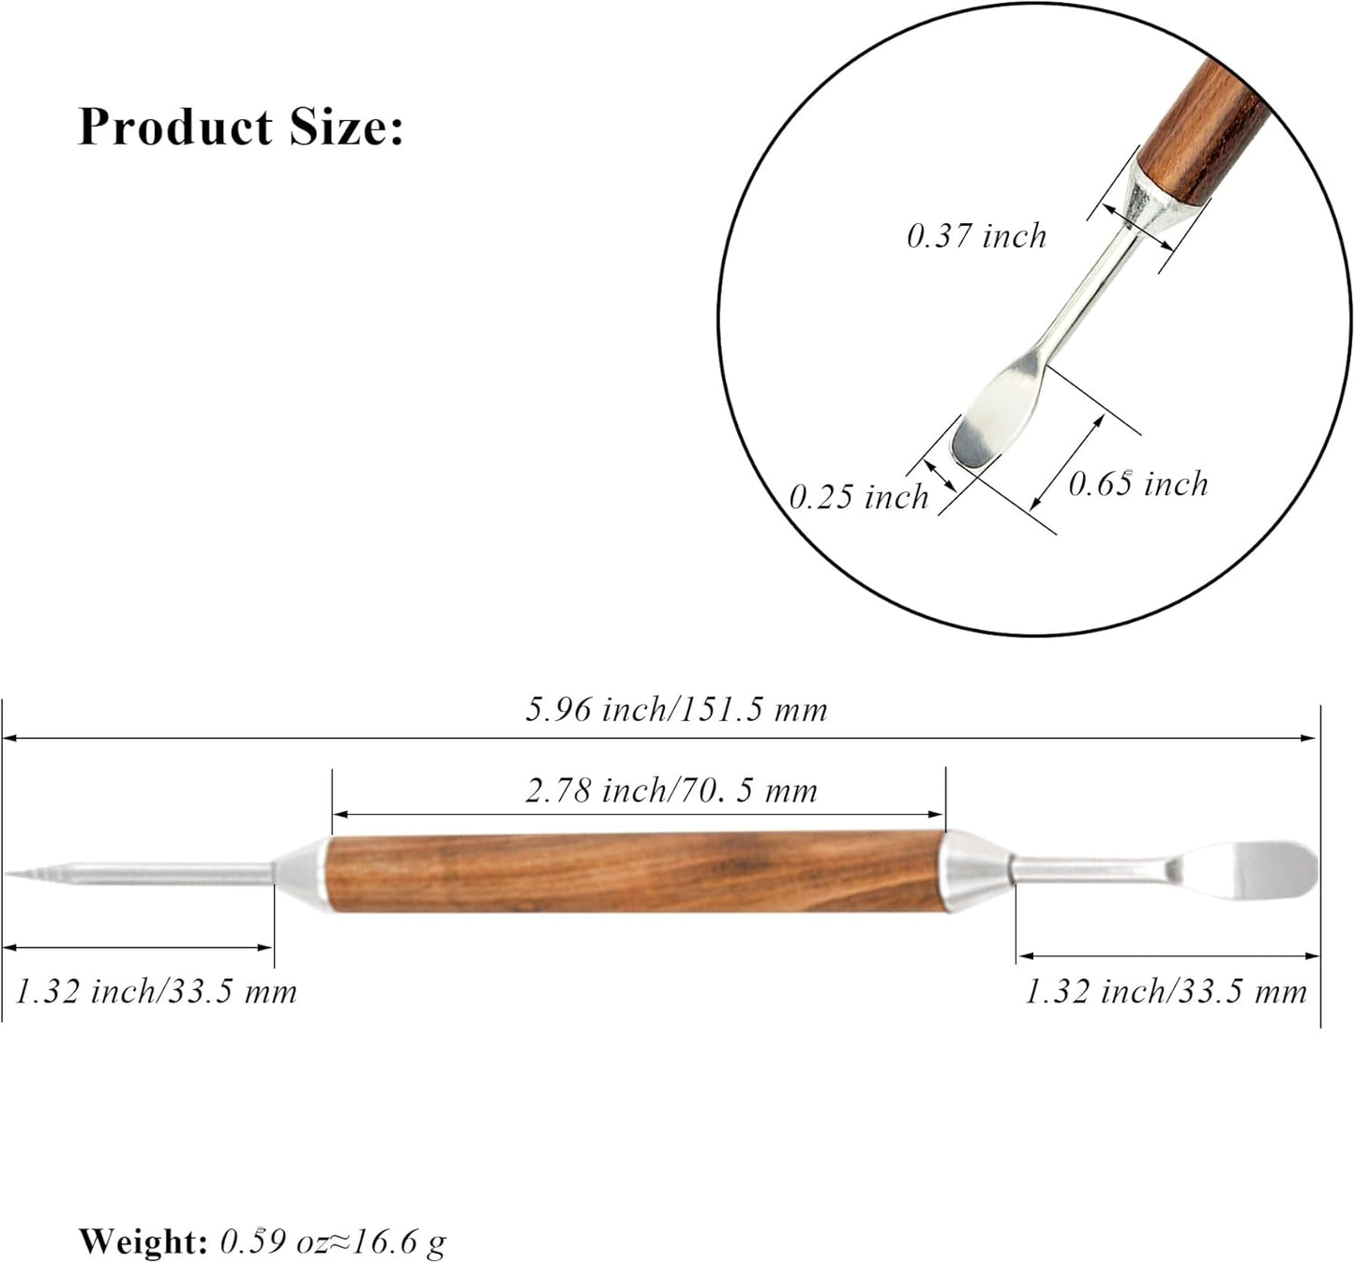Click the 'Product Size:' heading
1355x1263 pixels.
(240, 127)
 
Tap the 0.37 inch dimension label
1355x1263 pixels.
(975, 235)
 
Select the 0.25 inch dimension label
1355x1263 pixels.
(858, 497)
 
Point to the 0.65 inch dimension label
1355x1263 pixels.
(1137, 484)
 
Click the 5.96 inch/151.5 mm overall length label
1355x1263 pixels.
(676, 710)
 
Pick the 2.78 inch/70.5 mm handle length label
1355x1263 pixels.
(670, 791)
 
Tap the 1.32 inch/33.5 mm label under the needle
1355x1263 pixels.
(156, 991)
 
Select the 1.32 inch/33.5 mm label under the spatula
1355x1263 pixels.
(1165, 991)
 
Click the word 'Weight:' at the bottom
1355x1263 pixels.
(143, 1241)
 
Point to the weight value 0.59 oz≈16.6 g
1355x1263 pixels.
(333, 1241)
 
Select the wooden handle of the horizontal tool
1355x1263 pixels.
(636, 872)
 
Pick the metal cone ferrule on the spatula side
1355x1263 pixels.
(975, 870)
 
